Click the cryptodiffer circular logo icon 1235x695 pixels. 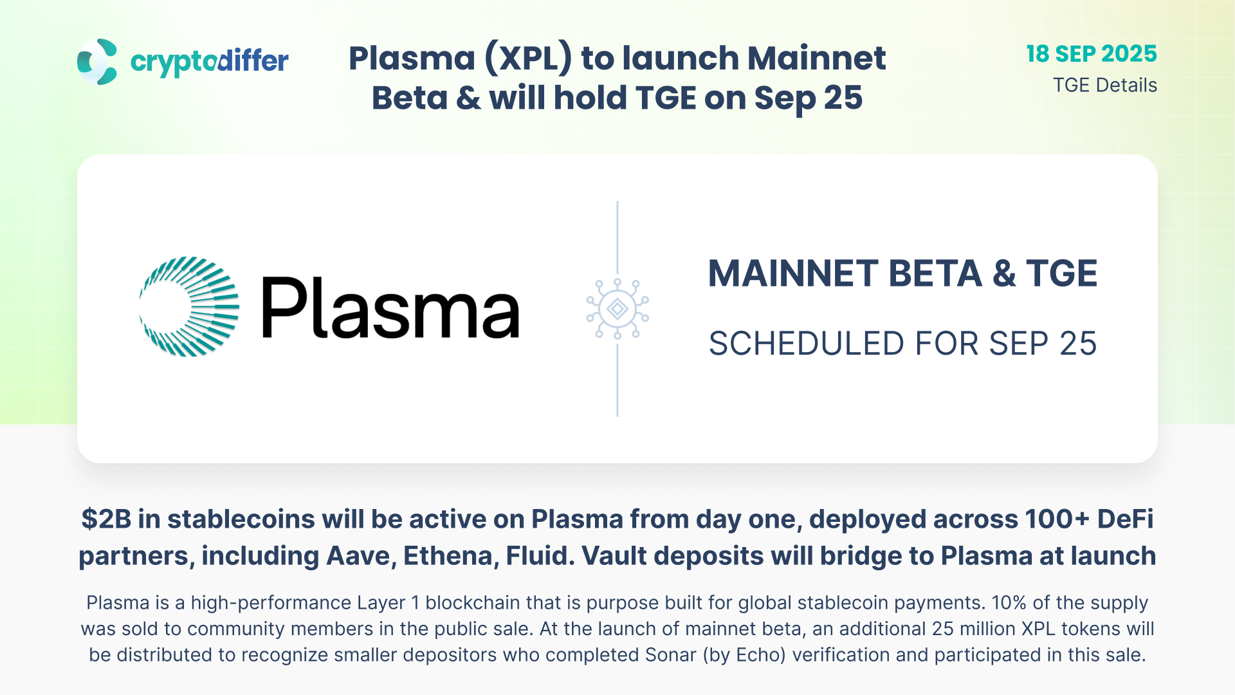point(97,62)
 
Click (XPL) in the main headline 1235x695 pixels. point(528,59)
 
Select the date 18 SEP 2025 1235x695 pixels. point(1092,54)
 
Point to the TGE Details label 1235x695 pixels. point(1105,85)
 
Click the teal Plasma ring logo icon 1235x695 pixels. point(189,306)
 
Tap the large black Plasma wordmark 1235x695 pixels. point(390,308)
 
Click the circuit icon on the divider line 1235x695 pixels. point(617,309)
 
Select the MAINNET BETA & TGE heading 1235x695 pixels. point(902,273)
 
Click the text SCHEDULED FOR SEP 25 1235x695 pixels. point(902,344)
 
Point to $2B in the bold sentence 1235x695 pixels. point(106,519)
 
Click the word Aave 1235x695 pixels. point(361,556)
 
